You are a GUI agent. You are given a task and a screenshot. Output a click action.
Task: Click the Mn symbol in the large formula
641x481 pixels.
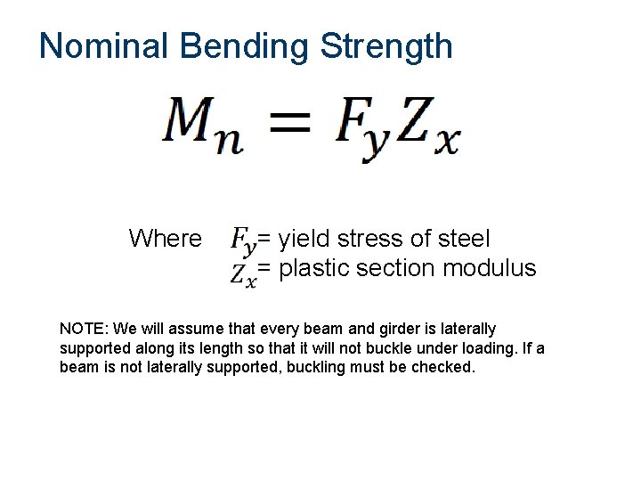click(203, 126)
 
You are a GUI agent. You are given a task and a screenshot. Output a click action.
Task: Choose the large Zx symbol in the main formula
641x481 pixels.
click(427, 129)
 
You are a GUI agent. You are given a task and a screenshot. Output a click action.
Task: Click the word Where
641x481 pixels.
click(165, 239)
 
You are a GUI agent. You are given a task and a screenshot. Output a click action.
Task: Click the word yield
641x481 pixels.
click(302, 239)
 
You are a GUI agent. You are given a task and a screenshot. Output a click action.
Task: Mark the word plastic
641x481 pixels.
click(312, 268)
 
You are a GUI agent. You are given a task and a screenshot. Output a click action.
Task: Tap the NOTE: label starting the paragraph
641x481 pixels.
click(83, 330)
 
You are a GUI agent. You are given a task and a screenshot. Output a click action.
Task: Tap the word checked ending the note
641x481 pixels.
click(443, 367)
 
